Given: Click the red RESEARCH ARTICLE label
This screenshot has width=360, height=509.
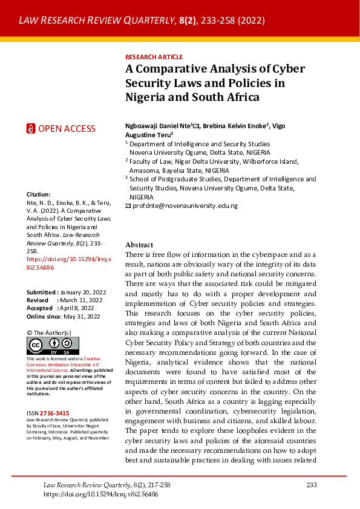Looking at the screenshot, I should click(x=154, y=57).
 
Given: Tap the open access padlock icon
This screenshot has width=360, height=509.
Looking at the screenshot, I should click(x=31, y=128).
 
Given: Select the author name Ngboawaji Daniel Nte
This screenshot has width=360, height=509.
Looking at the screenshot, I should click(x=157, y=126).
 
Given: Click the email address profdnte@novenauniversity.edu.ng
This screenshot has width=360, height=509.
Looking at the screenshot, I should click(x=185, y=206).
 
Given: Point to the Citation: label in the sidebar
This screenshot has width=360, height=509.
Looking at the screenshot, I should click(x=39, y=194).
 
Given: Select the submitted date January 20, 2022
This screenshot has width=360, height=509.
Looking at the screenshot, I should click(x=81, y=292).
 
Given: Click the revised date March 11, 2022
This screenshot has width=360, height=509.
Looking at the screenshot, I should click(x=82, y=300).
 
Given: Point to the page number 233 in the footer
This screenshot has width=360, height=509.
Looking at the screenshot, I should click(x=312, y=485).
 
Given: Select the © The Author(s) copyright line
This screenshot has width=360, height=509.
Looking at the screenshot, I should click(x=49, y=332).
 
